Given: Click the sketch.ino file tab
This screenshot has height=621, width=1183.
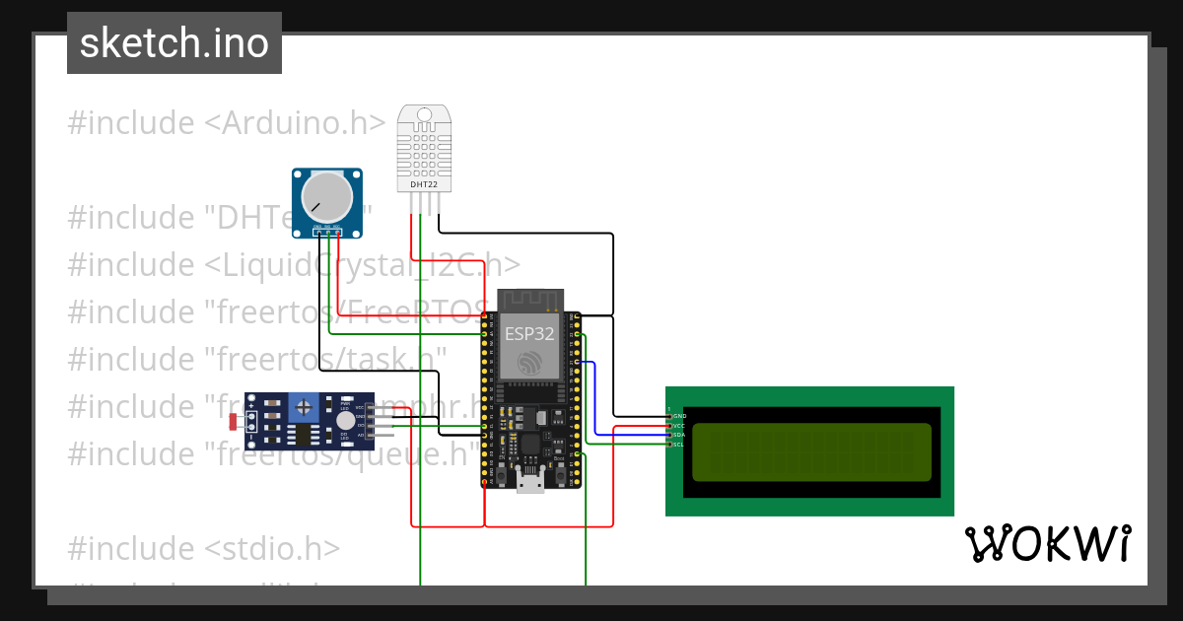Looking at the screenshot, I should tap(174, 43).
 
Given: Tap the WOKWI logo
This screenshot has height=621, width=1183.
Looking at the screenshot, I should tap(1046, 543).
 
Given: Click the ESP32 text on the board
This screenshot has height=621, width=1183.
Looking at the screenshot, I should tap(529, 334).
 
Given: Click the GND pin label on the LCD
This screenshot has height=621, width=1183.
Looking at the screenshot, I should tap(679, 417).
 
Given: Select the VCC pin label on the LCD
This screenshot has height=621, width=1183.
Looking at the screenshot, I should tap(679, 426).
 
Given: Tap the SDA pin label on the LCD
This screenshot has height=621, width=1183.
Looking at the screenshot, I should tap(679, 435).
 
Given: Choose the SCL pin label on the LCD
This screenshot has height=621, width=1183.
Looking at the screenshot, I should tap(679, 445).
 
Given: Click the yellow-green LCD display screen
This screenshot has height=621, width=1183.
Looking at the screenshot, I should tap(811, 451).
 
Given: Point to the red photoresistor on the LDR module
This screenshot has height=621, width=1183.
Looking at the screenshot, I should tap(234, 422).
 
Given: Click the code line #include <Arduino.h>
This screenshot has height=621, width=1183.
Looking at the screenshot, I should tap(226, 123).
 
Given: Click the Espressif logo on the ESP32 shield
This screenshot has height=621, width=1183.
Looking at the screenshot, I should tap(529, 362).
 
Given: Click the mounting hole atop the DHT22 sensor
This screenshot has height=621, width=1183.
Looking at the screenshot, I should tap(425, 115).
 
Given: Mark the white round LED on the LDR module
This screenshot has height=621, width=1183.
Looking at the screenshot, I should tap(345, 420).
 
